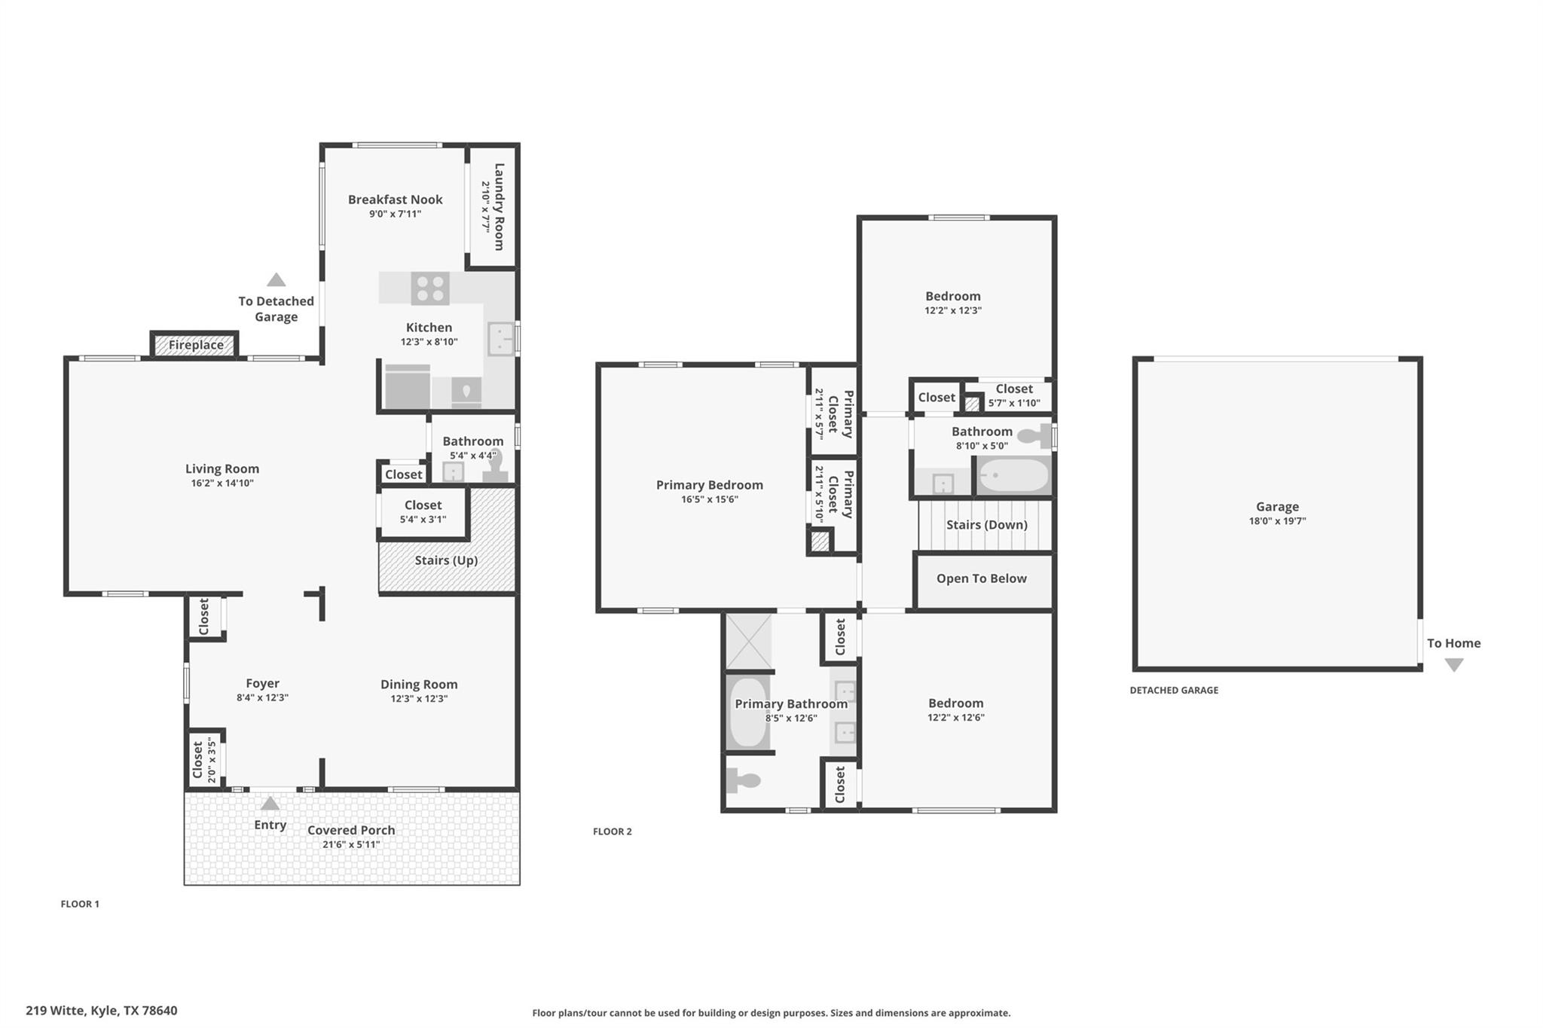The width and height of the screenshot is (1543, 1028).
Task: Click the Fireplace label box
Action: click(x=195, y=345)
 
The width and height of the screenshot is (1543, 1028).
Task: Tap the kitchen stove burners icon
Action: click(x=430, y=288)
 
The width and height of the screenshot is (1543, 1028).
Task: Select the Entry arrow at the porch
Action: click(x=270, y=804)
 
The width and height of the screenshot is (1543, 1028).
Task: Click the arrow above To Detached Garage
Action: click(x=277, y=280)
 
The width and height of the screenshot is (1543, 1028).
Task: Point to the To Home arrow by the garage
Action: click(x=1453, y=665)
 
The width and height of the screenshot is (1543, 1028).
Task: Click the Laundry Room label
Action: click(x=498, y=206)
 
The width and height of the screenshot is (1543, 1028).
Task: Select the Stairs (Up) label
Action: click(x=446, y=560)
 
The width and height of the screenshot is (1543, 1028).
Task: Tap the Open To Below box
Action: click(x=982, y=579)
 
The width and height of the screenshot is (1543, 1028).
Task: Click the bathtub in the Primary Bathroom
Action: click(x=748, y=712)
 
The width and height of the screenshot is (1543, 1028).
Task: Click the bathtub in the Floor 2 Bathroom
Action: click(x=1013, y=476)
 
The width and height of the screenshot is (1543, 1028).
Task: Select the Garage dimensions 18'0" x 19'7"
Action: click(x=1277, y=521)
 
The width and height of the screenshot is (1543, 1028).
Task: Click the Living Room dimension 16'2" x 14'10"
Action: click(x=222, y=483)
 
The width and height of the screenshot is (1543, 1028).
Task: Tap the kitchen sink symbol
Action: click(x=500, y=339)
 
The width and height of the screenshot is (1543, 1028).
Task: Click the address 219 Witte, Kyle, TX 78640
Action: click(x=102, y=1011)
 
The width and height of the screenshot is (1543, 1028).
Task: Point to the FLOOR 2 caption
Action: click(x=612, y=831)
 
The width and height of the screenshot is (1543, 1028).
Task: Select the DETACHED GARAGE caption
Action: click(x=1173, y=691)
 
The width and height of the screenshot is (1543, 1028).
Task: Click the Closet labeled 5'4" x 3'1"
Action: click(x=423, y=512)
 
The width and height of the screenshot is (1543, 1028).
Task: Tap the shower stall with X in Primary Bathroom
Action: click(x=748, y=641)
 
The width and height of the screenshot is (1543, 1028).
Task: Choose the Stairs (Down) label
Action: click(x=986, y=525)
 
